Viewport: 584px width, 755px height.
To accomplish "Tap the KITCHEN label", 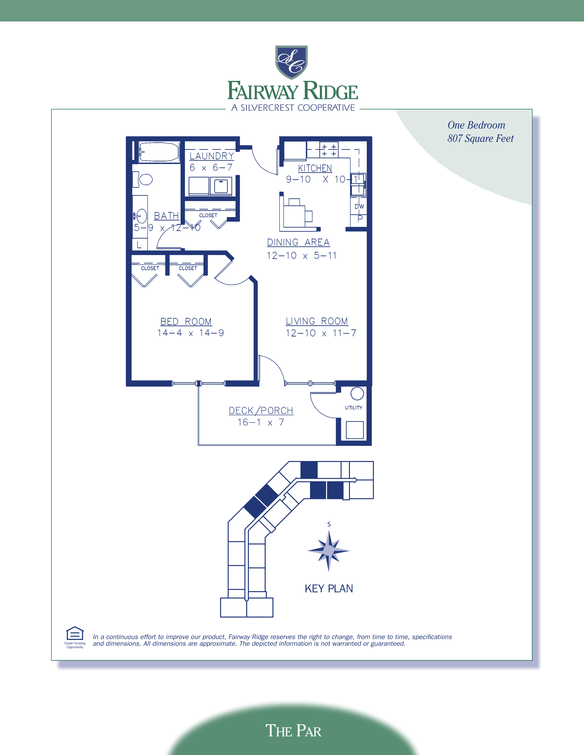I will coord(315,168).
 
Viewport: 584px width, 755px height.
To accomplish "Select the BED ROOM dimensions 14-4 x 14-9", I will coord(190,333).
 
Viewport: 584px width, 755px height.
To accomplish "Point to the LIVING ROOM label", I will coord(317,321).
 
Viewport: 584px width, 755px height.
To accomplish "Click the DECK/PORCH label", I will coord(261,411).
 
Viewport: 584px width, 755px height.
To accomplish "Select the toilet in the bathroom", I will coord(145,179).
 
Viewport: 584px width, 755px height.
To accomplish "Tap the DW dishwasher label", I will coord(359,206).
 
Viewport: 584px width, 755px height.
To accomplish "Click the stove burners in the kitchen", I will coord(329,150).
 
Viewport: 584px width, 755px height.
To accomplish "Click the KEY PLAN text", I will coord(329,589).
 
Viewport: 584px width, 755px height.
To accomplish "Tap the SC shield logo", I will coord(291,62).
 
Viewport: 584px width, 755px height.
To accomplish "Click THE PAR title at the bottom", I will coord(293,731).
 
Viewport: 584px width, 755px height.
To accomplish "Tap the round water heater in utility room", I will coord(357,394).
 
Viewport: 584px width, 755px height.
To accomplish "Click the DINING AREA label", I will coord(298,242).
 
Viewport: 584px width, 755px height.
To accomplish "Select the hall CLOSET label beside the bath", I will coord(208,215).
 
